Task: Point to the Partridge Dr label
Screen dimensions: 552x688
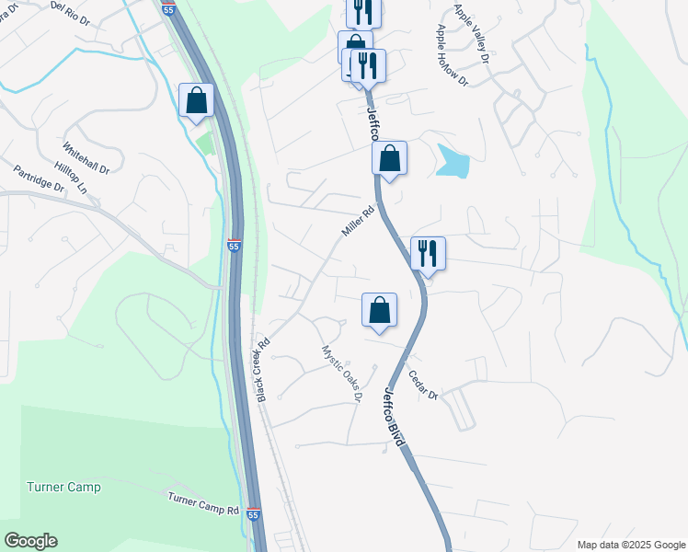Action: pos(39,178)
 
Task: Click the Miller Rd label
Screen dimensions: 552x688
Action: pos(358,222)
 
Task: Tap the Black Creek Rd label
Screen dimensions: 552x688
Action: pos(263,370)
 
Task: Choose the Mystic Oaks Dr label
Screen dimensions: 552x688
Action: pos(340,374)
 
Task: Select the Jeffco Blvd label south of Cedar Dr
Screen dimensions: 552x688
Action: pos(394,417)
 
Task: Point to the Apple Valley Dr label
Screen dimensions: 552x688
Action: pos(472,34)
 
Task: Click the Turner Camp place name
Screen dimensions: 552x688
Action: pos(63,487)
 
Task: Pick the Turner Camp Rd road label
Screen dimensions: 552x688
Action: pos(203,503)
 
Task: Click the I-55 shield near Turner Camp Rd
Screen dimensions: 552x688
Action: pos(254,515)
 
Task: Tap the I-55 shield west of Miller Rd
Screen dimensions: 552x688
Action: pos(235,246)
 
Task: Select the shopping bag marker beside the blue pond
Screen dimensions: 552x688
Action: pos(390,158)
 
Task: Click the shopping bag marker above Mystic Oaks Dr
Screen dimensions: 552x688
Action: pos(379,310)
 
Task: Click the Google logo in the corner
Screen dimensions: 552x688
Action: pos(30,541)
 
